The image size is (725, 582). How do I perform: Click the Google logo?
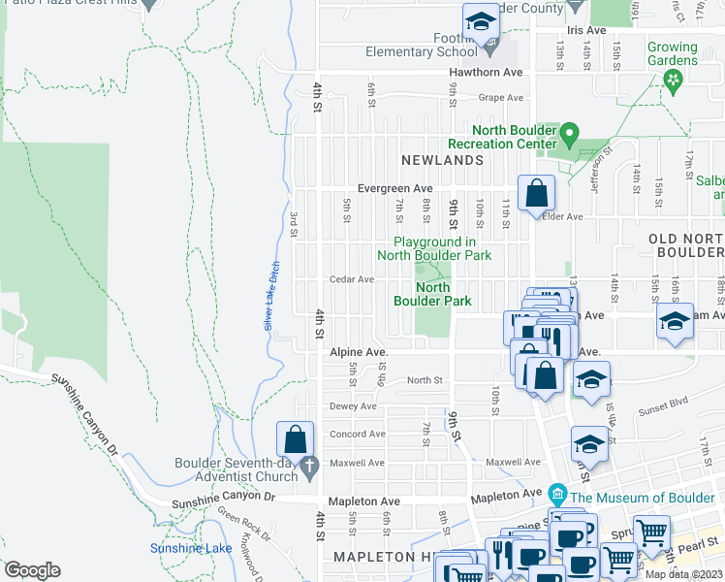32,570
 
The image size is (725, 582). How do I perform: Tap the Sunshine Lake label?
190,548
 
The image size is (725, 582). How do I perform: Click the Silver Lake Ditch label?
273,297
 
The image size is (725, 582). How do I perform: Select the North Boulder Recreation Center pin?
570,132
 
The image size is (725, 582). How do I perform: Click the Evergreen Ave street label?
394,189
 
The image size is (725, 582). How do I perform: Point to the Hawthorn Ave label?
486,73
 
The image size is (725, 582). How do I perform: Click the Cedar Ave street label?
352,279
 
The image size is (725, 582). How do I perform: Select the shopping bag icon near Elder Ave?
536,193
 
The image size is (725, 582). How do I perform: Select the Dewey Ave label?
353,406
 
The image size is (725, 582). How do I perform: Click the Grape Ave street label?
502,97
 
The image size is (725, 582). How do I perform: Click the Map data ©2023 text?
683,574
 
